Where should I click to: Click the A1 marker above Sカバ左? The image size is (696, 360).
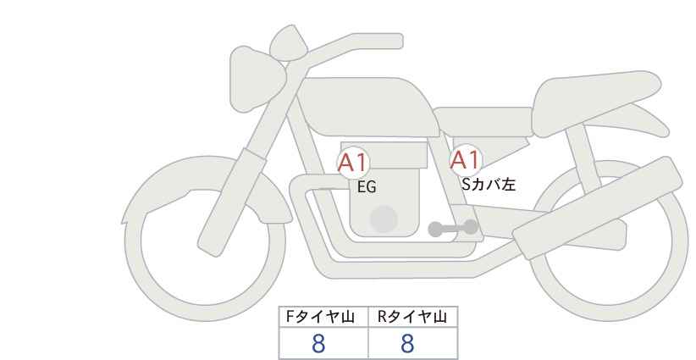point(465,159)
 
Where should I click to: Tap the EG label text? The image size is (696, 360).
point(367,187)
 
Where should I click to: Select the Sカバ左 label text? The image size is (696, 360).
point(488,182)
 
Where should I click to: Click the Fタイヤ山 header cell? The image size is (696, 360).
point(324,318)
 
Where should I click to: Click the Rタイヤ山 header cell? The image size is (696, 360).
point(412,318)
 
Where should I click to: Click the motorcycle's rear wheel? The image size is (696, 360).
point(610,246)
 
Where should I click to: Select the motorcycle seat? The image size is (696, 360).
point(593,88)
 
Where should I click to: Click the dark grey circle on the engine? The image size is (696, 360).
point(384,219)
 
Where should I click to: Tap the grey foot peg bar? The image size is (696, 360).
point(454,228)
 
